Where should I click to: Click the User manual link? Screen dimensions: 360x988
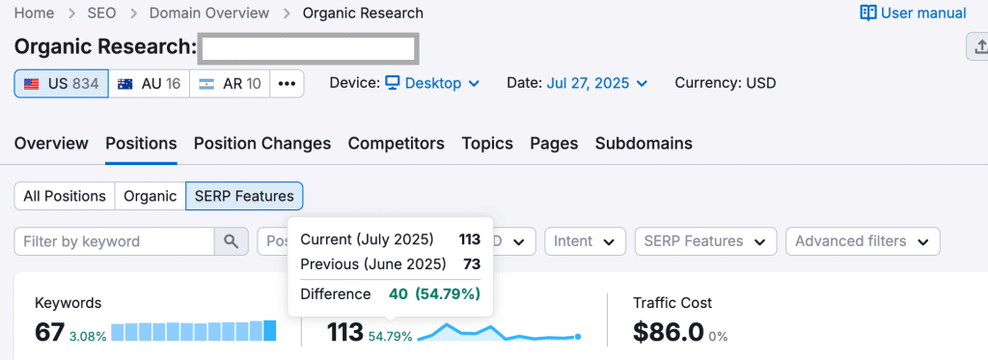913,13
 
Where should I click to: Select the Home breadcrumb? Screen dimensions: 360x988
35,13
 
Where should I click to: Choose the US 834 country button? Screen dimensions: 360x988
61,83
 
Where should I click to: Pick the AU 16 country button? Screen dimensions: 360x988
149,83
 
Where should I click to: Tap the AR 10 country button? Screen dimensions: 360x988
230,83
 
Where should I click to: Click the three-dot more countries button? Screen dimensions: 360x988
287,83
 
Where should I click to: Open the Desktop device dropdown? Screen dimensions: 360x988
432,83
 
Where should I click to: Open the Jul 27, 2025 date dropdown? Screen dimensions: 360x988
596,83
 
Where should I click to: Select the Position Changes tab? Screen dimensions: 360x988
262,143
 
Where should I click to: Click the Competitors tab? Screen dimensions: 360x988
396,143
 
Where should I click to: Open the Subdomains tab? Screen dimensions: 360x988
644,143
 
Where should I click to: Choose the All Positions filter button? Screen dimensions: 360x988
65,196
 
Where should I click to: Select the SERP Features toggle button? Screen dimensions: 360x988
244,196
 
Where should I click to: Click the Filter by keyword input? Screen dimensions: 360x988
114,241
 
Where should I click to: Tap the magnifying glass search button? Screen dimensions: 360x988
231,241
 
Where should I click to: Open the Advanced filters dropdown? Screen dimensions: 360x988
863,241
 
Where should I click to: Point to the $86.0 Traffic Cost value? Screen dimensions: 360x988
668,332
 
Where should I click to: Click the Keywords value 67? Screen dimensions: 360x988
49,332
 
